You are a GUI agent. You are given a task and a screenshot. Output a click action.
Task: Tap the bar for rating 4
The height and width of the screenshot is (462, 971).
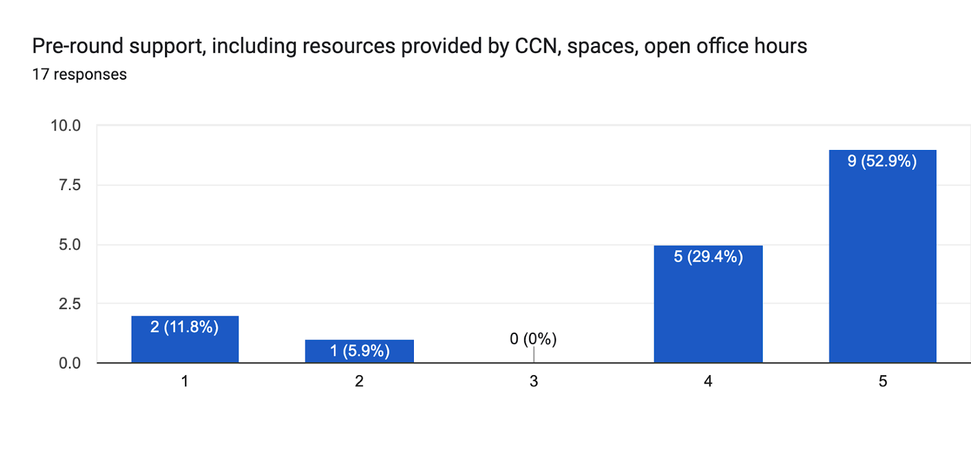(x=708, y=310)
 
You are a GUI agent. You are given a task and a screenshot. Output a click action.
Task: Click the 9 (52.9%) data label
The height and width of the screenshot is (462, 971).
(x=882, y=161)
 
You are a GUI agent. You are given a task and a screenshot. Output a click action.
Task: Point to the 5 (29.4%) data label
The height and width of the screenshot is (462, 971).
(x=708, y=256)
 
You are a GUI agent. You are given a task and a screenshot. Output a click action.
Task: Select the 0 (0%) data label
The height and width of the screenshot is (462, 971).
(x=533, y=339)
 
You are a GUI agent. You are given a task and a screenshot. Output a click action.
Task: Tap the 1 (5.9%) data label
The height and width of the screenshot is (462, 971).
(x=360, y=350)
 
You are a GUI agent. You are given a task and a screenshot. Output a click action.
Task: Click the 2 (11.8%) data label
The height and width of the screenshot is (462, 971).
(x=184, y=327)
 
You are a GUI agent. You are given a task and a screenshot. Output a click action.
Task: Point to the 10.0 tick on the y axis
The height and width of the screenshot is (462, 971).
(x=66, y=126)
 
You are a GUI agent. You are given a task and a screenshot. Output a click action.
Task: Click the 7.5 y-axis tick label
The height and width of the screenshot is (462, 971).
(x=70, y=185)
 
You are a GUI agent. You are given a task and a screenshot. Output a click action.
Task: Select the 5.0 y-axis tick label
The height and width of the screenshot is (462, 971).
(x=70, y=245)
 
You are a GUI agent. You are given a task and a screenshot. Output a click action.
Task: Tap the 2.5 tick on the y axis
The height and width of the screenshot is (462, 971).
(x=70, y=304)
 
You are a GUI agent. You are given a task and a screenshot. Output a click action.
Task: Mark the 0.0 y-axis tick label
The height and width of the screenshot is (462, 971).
(x=70, y=363)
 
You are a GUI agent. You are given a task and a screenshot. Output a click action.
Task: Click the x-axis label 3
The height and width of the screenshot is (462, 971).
(x=533, y=381)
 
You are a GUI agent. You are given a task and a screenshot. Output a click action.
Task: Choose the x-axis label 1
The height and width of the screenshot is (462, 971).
(x=184, y=381)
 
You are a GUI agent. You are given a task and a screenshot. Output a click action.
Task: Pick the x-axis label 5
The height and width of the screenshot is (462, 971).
(x=882, y=381)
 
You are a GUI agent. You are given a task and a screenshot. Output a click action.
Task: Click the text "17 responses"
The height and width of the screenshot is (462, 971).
(x=80, y=75)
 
